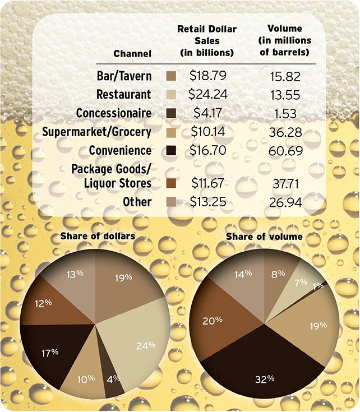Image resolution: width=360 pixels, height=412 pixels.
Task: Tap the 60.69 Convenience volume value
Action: pyautogui.click(x=285, y=151)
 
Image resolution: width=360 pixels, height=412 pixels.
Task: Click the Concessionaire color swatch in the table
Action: pyautogui.click(x=172, y=113)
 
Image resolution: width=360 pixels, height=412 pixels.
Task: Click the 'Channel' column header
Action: pyautogui.click(x=132, y=54)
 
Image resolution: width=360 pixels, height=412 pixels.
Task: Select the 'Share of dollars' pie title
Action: pyautogui.click(x=98, y=237)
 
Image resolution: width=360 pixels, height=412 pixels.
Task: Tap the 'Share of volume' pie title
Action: pyautogui.click(x=264, y=237)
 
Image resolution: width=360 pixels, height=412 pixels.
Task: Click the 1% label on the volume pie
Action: pyautogui.click(x=318, y=285)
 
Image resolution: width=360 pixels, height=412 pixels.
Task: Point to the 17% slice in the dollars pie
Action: pyautogui.click(x=50, y=353)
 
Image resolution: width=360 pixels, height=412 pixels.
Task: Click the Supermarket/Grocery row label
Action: pyautogui.click(x=97, y=132)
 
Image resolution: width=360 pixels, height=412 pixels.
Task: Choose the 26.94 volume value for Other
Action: pyautogui.click(x=285, y=202)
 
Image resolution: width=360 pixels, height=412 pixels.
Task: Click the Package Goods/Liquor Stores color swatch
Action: pyautogui.click(x=172, y=183)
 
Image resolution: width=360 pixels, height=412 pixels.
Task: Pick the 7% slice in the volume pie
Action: pyautogui.click(x=300, y=280)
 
